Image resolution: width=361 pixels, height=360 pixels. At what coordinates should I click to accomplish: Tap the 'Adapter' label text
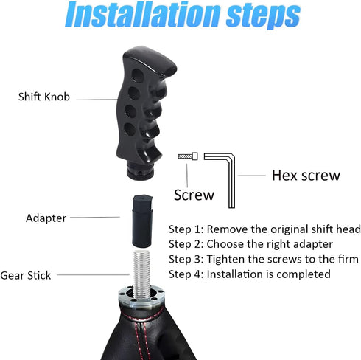(x=46, y=218)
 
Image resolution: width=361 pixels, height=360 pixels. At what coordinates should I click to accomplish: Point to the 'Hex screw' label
(x=306, y=176)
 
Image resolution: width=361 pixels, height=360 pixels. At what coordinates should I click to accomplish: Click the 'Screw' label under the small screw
(x=194, y=195)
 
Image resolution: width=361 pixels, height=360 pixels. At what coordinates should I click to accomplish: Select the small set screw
(x=187, y=156)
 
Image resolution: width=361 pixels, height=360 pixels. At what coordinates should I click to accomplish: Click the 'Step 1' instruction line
(x=264, y=229)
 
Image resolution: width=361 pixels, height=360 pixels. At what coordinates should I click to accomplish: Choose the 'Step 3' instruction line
(x=263, y=259)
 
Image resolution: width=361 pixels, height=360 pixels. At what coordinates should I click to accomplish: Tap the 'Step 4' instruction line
(x=249, y=274)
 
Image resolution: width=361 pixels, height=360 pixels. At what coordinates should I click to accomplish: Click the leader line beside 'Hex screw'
(x=254, y=176)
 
